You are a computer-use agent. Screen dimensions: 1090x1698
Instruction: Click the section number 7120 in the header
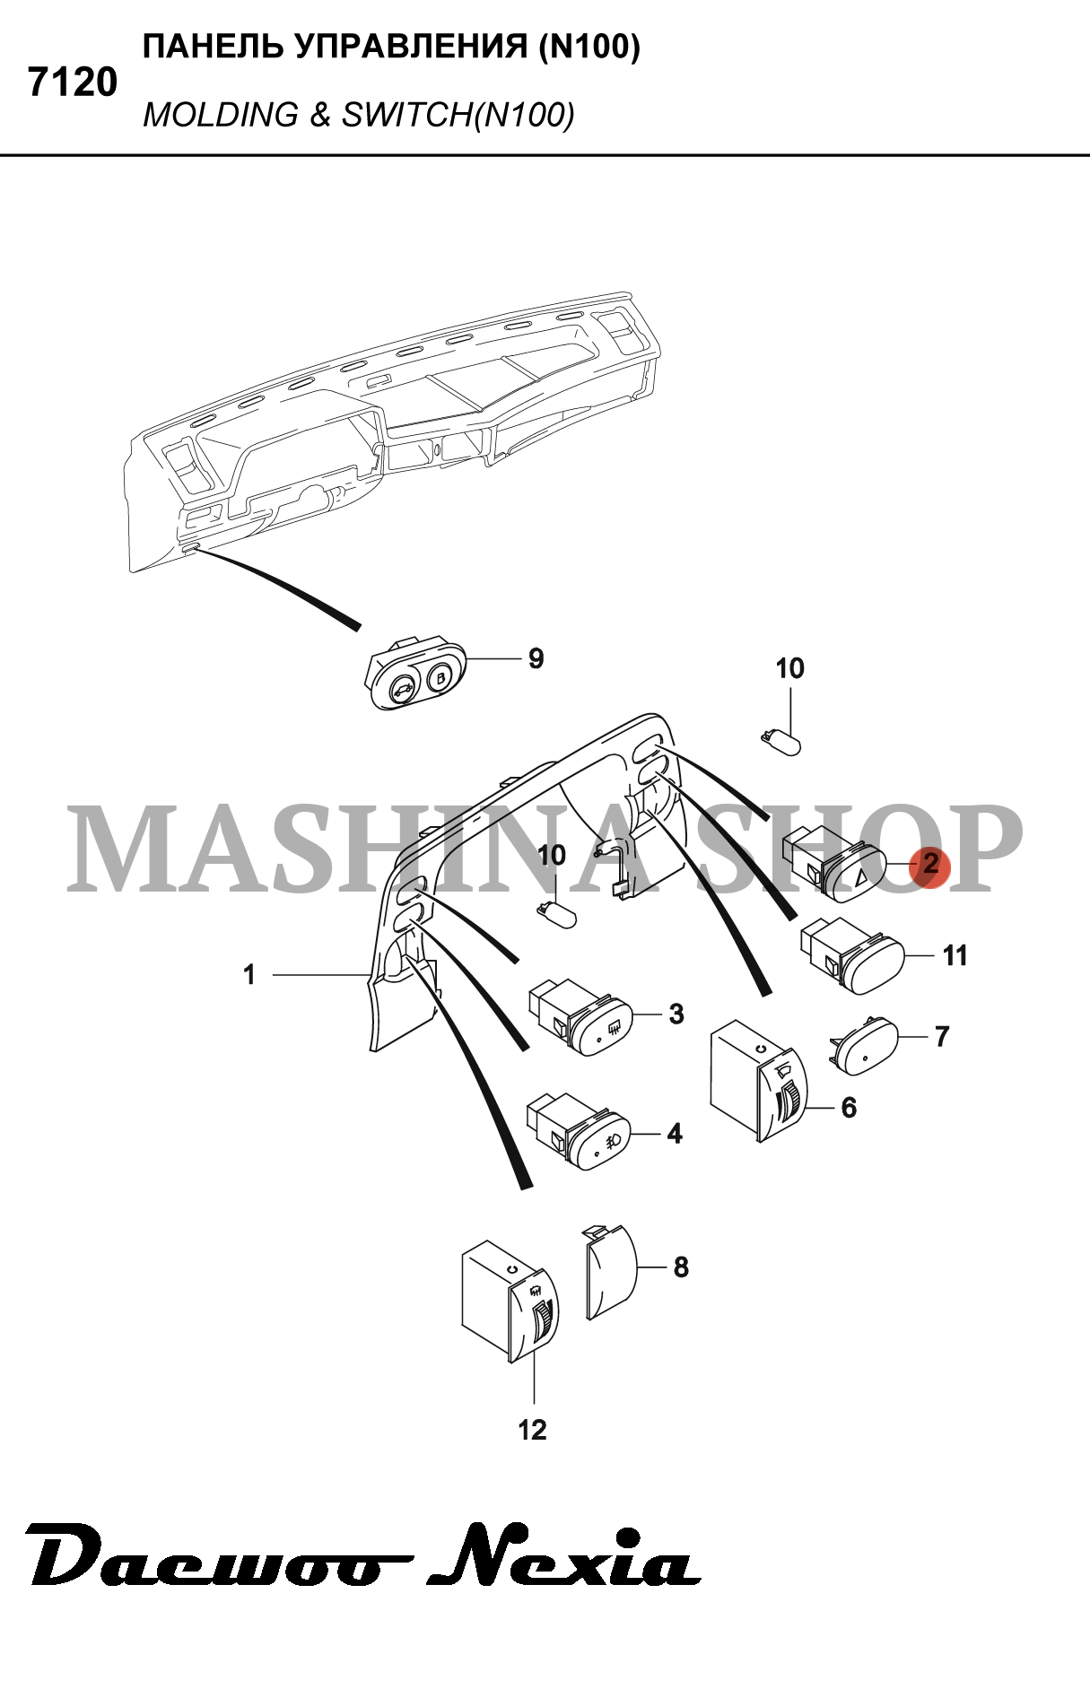[x=73, y=83]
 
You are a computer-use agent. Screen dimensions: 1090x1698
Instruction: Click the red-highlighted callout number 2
[x=930, y=864]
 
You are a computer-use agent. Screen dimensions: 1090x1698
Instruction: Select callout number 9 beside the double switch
[x=536, y=658]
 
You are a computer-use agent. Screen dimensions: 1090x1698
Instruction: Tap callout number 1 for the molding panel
[x=249, y=974]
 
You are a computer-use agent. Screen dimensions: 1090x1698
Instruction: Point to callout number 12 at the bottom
[x=532, y=1430]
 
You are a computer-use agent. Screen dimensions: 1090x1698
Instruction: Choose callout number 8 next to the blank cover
[x=681, y=1267]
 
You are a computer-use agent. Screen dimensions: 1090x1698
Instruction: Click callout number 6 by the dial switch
[x=849, y=1108]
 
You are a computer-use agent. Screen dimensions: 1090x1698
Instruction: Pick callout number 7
[x=942, y=1037]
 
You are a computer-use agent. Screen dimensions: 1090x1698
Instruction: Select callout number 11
[x=955, y=956]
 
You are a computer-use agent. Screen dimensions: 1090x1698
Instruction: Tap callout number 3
[x=676, y=1014]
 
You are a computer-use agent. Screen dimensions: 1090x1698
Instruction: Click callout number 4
[x=675, y=1134]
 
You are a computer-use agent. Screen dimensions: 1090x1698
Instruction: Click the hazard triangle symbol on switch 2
[x=860, y=876]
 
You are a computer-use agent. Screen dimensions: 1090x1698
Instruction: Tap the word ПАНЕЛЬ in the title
[x=214, y=47]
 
